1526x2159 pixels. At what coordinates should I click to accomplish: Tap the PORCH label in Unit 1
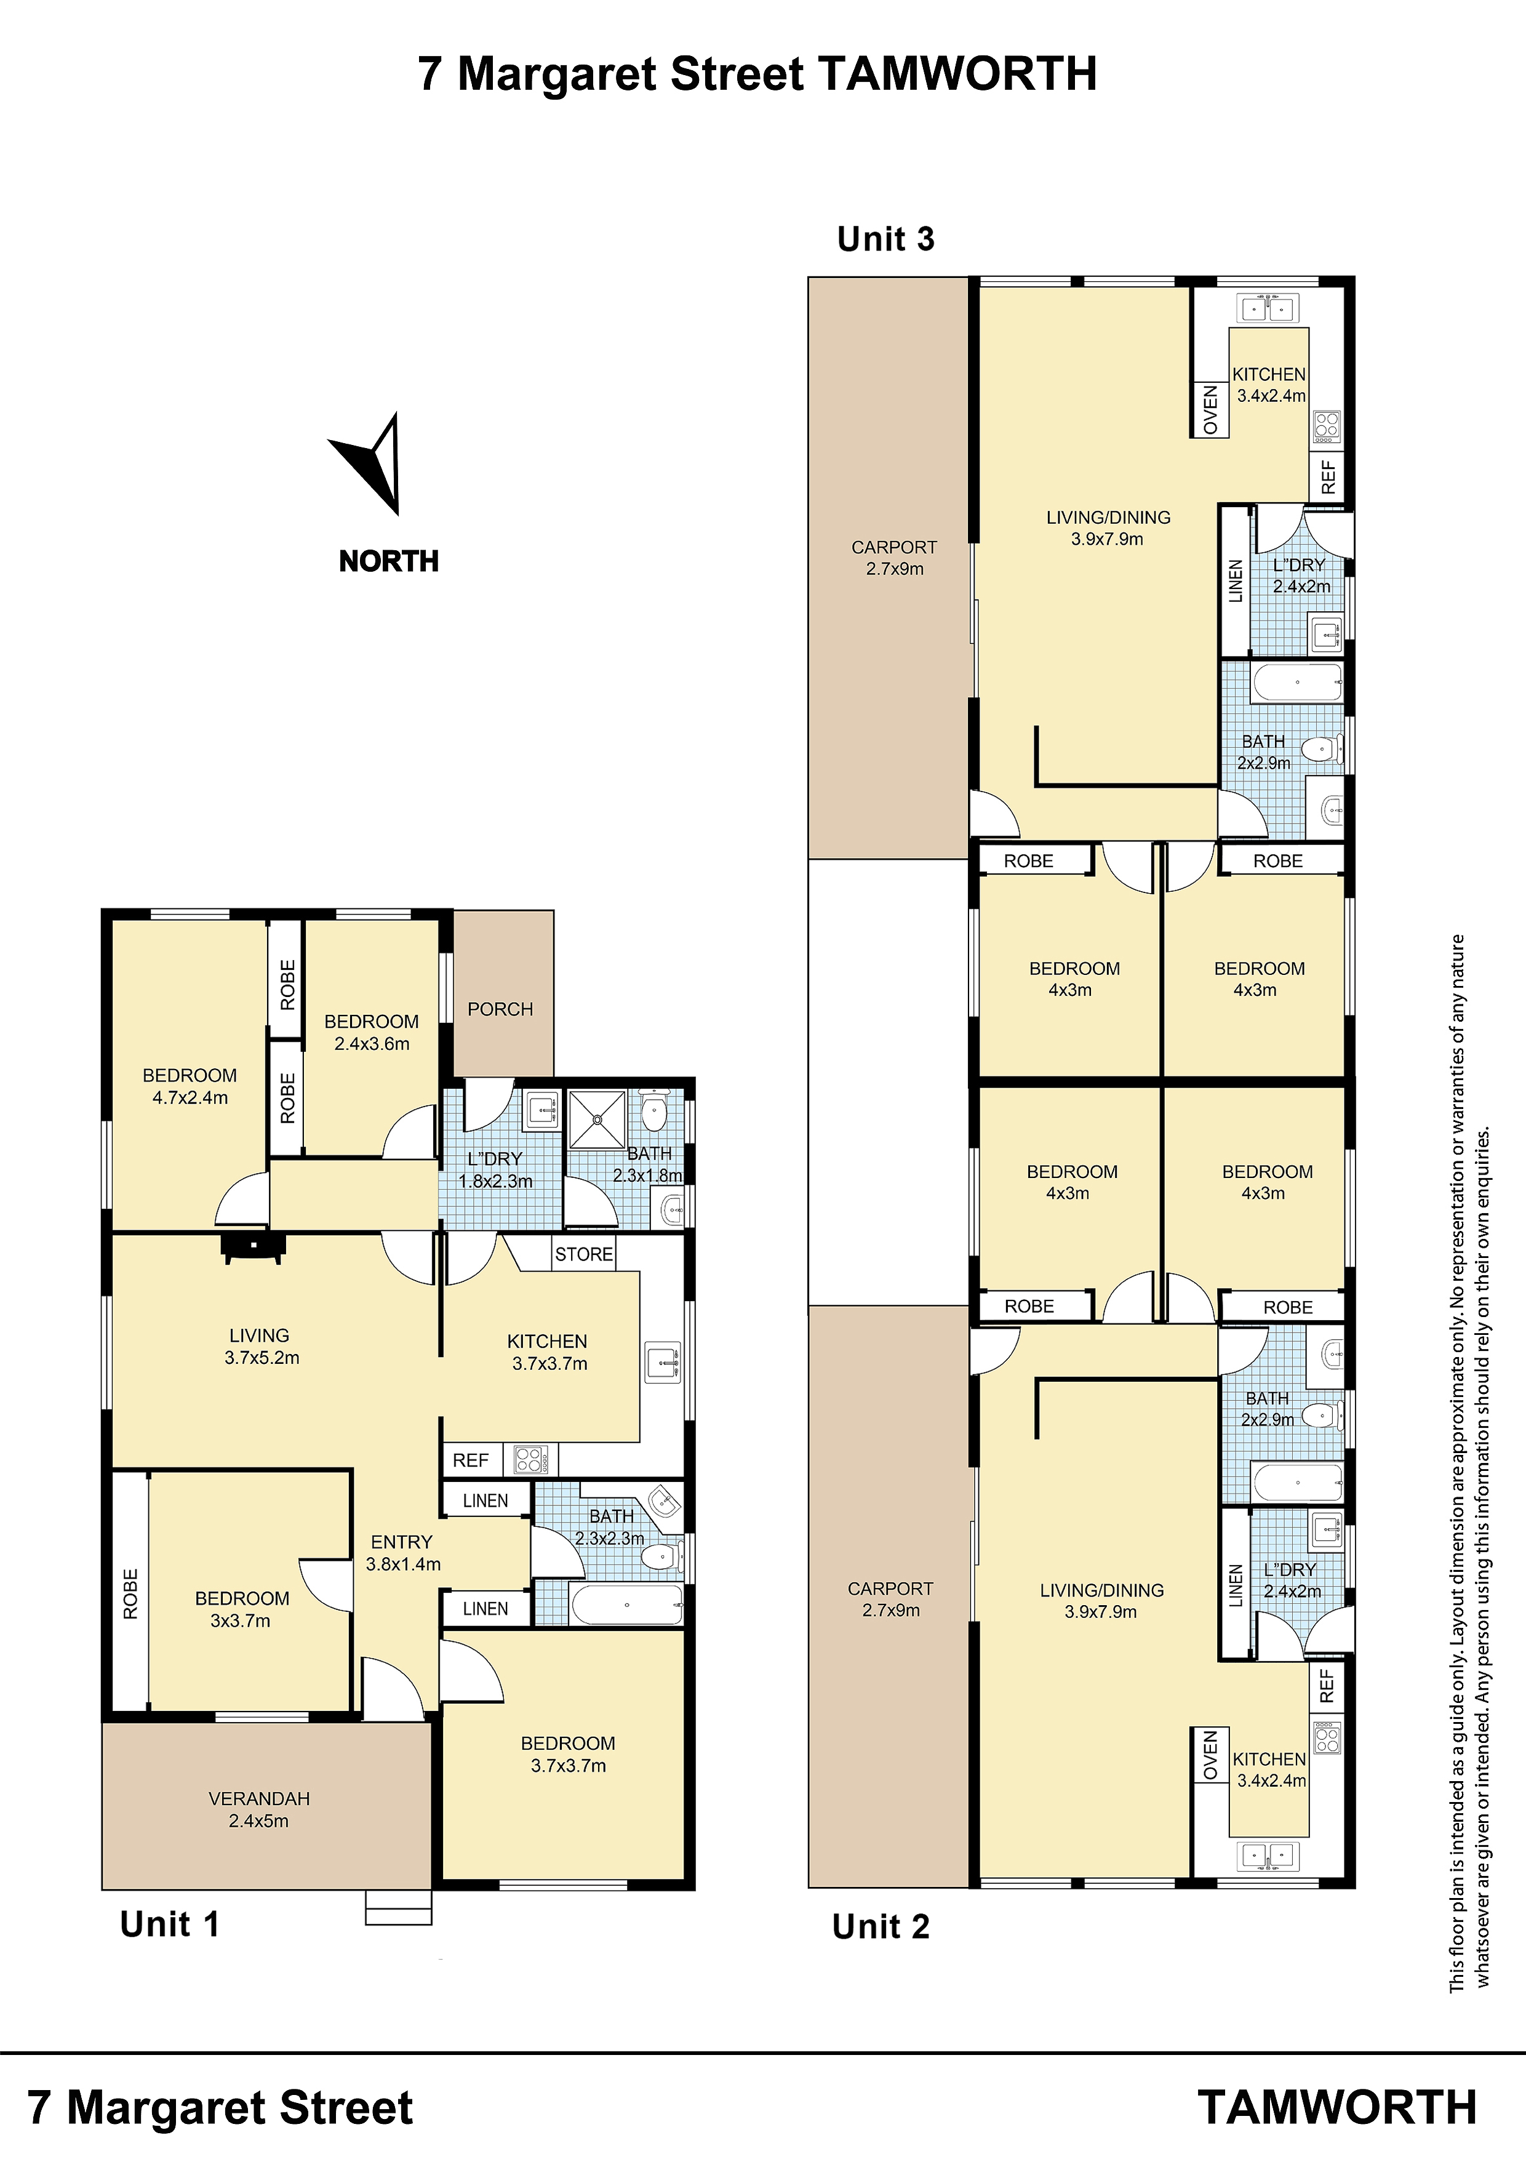[500, 1009]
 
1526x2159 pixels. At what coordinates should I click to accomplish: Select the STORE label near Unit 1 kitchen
[584, 1254]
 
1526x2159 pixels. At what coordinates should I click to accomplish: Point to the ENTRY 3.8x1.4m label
[402, 1553]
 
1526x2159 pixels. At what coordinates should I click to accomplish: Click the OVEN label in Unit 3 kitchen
[1210, 410]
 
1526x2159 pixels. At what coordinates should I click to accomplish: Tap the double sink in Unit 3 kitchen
[1269, 308]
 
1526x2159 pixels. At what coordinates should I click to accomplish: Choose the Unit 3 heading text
[885, 239]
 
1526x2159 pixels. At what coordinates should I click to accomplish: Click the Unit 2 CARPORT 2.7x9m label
[890, 1598]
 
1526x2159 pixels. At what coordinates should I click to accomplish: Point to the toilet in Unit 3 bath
[1322, 750]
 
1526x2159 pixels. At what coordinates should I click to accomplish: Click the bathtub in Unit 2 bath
[1298, 1483]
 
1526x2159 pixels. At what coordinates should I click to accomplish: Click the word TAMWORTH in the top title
[957, 73]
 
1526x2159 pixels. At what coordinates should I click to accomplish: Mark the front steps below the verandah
[399, 1907]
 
